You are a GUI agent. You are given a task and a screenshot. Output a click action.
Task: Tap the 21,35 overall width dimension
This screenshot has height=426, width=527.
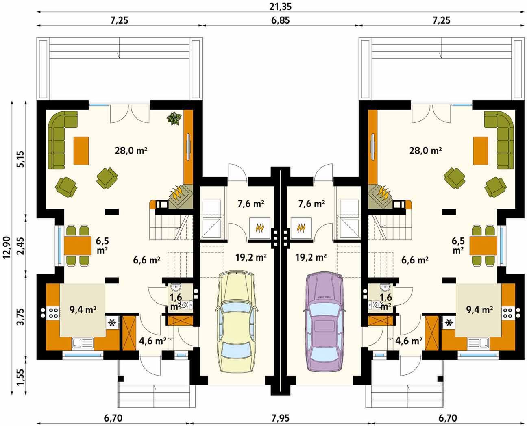click(x=281, y=7)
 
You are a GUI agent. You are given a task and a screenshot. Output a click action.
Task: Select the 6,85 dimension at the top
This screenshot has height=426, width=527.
click(x=280, y=20)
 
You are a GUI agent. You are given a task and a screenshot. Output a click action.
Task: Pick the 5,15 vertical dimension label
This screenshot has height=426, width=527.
click(x=21, y=159)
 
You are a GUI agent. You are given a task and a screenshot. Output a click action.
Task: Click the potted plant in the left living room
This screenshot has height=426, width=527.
click(x=175, y=118)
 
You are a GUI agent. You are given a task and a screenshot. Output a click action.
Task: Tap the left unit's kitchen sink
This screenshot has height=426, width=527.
click(x=83, y=343)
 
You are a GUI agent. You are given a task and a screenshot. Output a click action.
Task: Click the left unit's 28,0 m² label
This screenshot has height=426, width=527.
click(x=131, y=150)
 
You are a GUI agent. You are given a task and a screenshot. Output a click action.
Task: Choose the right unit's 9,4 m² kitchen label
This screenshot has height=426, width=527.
click(x=479, y=310)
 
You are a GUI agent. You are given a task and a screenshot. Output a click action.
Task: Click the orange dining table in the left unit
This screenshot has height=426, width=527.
click(x=78, y=246)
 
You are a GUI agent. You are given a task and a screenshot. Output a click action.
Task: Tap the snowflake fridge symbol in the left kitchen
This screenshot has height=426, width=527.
click(x=112, y=322)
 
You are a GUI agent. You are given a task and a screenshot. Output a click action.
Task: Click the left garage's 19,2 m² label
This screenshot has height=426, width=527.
click(x=251, y=258)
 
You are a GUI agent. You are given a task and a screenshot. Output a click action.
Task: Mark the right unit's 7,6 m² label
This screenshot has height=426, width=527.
click(x=311, y=204)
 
